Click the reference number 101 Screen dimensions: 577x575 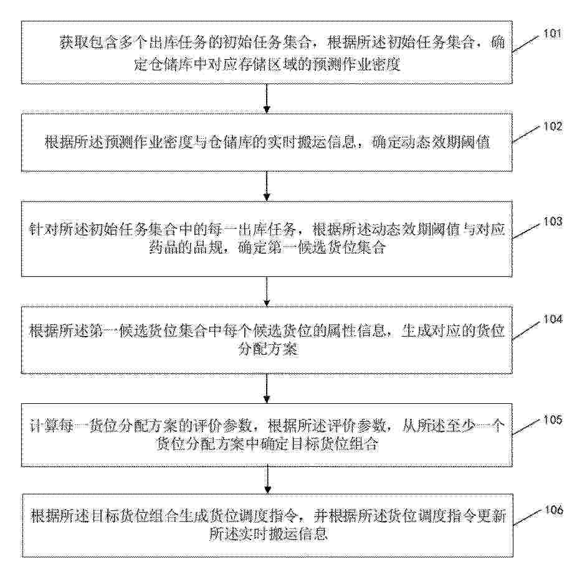[553, 34]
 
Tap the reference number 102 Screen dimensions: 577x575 [553, 127]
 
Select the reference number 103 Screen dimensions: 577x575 [553, 222]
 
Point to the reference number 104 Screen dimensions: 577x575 [553, 319]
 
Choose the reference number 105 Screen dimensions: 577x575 [553, 419]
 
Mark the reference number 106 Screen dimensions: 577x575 [554, 510]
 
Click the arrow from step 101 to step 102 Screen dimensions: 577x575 [267, 98]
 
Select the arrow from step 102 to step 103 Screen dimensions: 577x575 [267, 186]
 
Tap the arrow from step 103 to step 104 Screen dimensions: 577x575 [267, 292]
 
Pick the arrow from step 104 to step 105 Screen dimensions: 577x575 [267, 389]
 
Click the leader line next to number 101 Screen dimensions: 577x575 [527, 44]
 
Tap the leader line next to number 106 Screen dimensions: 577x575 [528, 518]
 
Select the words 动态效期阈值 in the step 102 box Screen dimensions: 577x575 [431, 142]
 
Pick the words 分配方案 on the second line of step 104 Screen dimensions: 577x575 [268, 348]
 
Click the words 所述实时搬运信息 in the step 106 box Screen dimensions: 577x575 [269, 533]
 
